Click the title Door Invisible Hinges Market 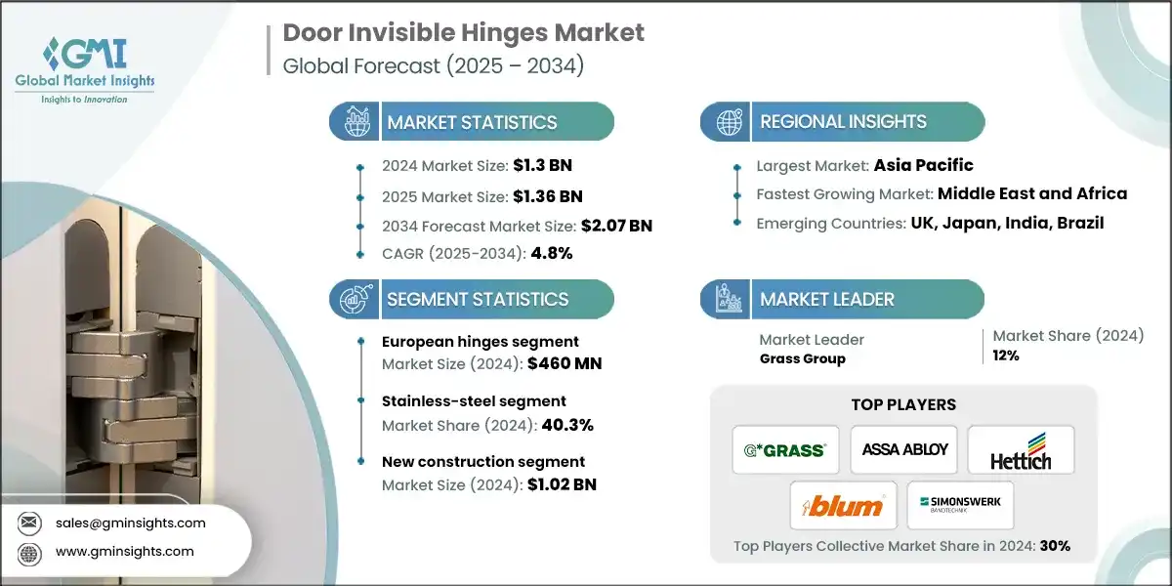(463, 32)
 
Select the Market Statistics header (472, 122)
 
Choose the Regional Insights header (843, 122)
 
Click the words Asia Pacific (924, 165)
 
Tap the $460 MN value (565, 363)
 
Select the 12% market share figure (1006, 356)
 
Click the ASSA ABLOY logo (904, 449)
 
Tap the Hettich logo (1020, 450)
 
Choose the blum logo (843, 506)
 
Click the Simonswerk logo (961, 506)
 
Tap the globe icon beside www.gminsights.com (28, 552)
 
